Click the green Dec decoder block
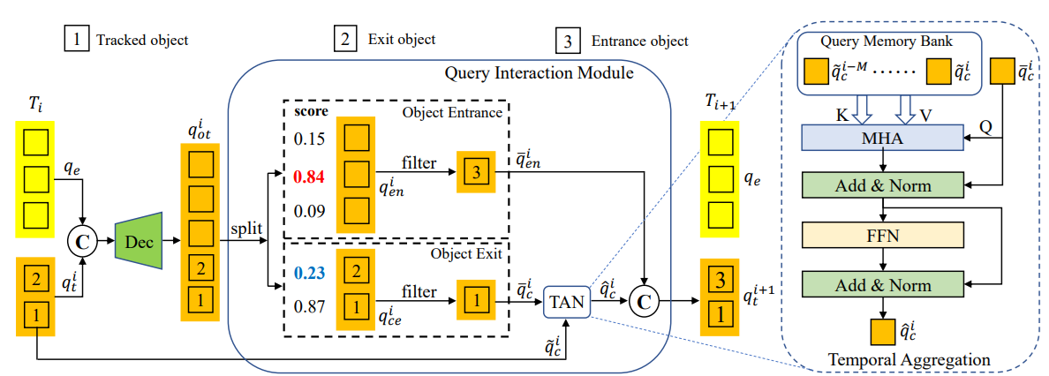(x=140, y=240)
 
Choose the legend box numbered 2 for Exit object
(x=345, y=40)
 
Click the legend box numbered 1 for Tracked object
(x=76, y=40)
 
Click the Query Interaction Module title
(x=539, y=72)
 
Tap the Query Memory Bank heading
(x=887, y=42)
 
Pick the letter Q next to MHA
(x=985, y=124)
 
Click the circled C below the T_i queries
(x=82, y=238)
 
